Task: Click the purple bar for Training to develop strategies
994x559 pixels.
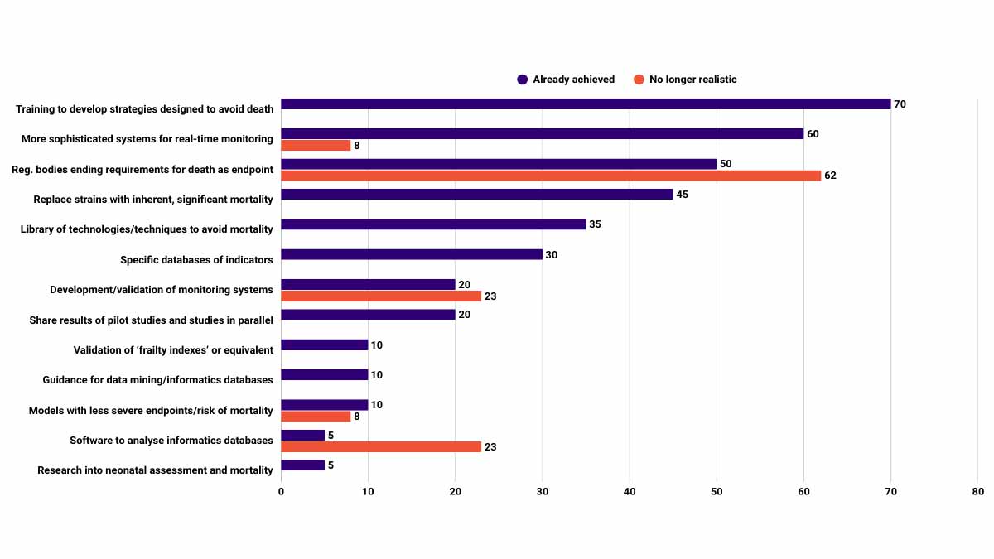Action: coord(586,104)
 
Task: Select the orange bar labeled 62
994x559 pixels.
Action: coord(551,176)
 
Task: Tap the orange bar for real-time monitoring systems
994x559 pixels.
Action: coord(316,146)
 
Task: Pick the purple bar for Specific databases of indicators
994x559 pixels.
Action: coord(412,255)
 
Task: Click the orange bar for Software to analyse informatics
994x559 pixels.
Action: coord(381,446)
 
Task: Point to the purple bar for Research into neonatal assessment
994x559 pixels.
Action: coord(302,465)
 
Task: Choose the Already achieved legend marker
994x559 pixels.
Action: coord(523,80)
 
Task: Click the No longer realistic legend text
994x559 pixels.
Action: coord(692,80)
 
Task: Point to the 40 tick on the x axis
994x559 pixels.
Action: coord(630,492)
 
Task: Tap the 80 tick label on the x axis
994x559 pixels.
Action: coord(978,492)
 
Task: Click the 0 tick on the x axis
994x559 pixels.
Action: coord(281,492)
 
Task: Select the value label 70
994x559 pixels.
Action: coord(900,104)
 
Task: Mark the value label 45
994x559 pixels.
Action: coord(683,195)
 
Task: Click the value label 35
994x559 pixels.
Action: coord(596,224)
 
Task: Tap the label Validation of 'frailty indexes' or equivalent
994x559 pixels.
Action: coord(173,350)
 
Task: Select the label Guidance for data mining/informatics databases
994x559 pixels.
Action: coord(158,380)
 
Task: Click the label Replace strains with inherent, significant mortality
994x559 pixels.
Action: coord(153,200)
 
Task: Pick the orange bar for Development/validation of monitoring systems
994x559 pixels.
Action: coord(381,296)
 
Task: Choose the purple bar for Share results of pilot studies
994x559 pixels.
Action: coord(368,315)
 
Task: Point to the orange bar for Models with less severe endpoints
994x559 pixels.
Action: coord(316,417)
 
